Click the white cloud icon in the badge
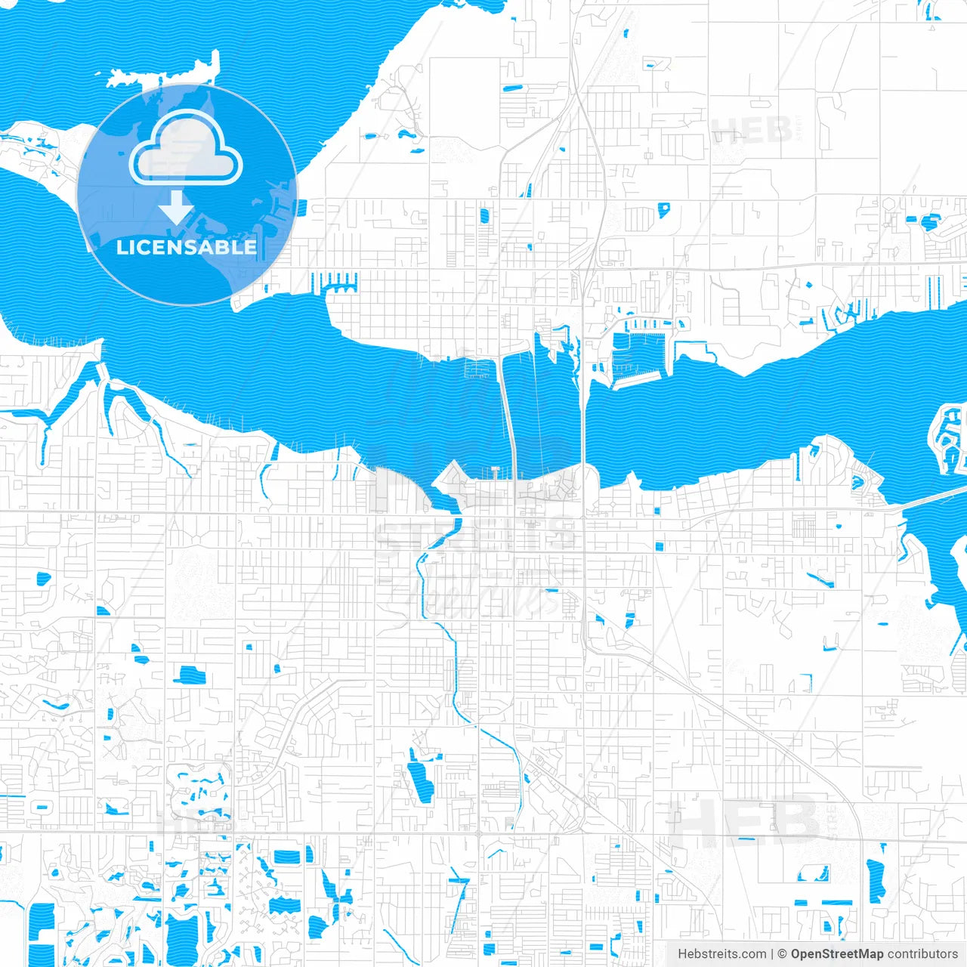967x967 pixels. click(186, 149)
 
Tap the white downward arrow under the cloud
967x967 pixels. click(176, 207)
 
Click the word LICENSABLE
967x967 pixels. click(187, 247)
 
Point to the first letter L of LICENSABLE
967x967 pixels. click(121, 247)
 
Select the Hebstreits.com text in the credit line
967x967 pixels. click(721, 954)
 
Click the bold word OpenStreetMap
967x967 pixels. click(836, 954)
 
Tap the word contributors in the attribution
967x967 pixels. click(922, 954)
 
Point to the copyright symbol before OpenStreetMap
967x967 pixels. click(782, 954)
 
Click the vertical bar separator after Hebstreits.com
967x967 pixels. click(772, 954)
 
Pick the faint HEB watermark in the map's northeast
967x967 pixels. click(752, 131)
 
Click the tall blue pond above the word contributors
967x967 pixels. click(876, 880)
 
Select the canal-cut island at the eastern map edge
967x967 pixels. click(949, 438)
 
